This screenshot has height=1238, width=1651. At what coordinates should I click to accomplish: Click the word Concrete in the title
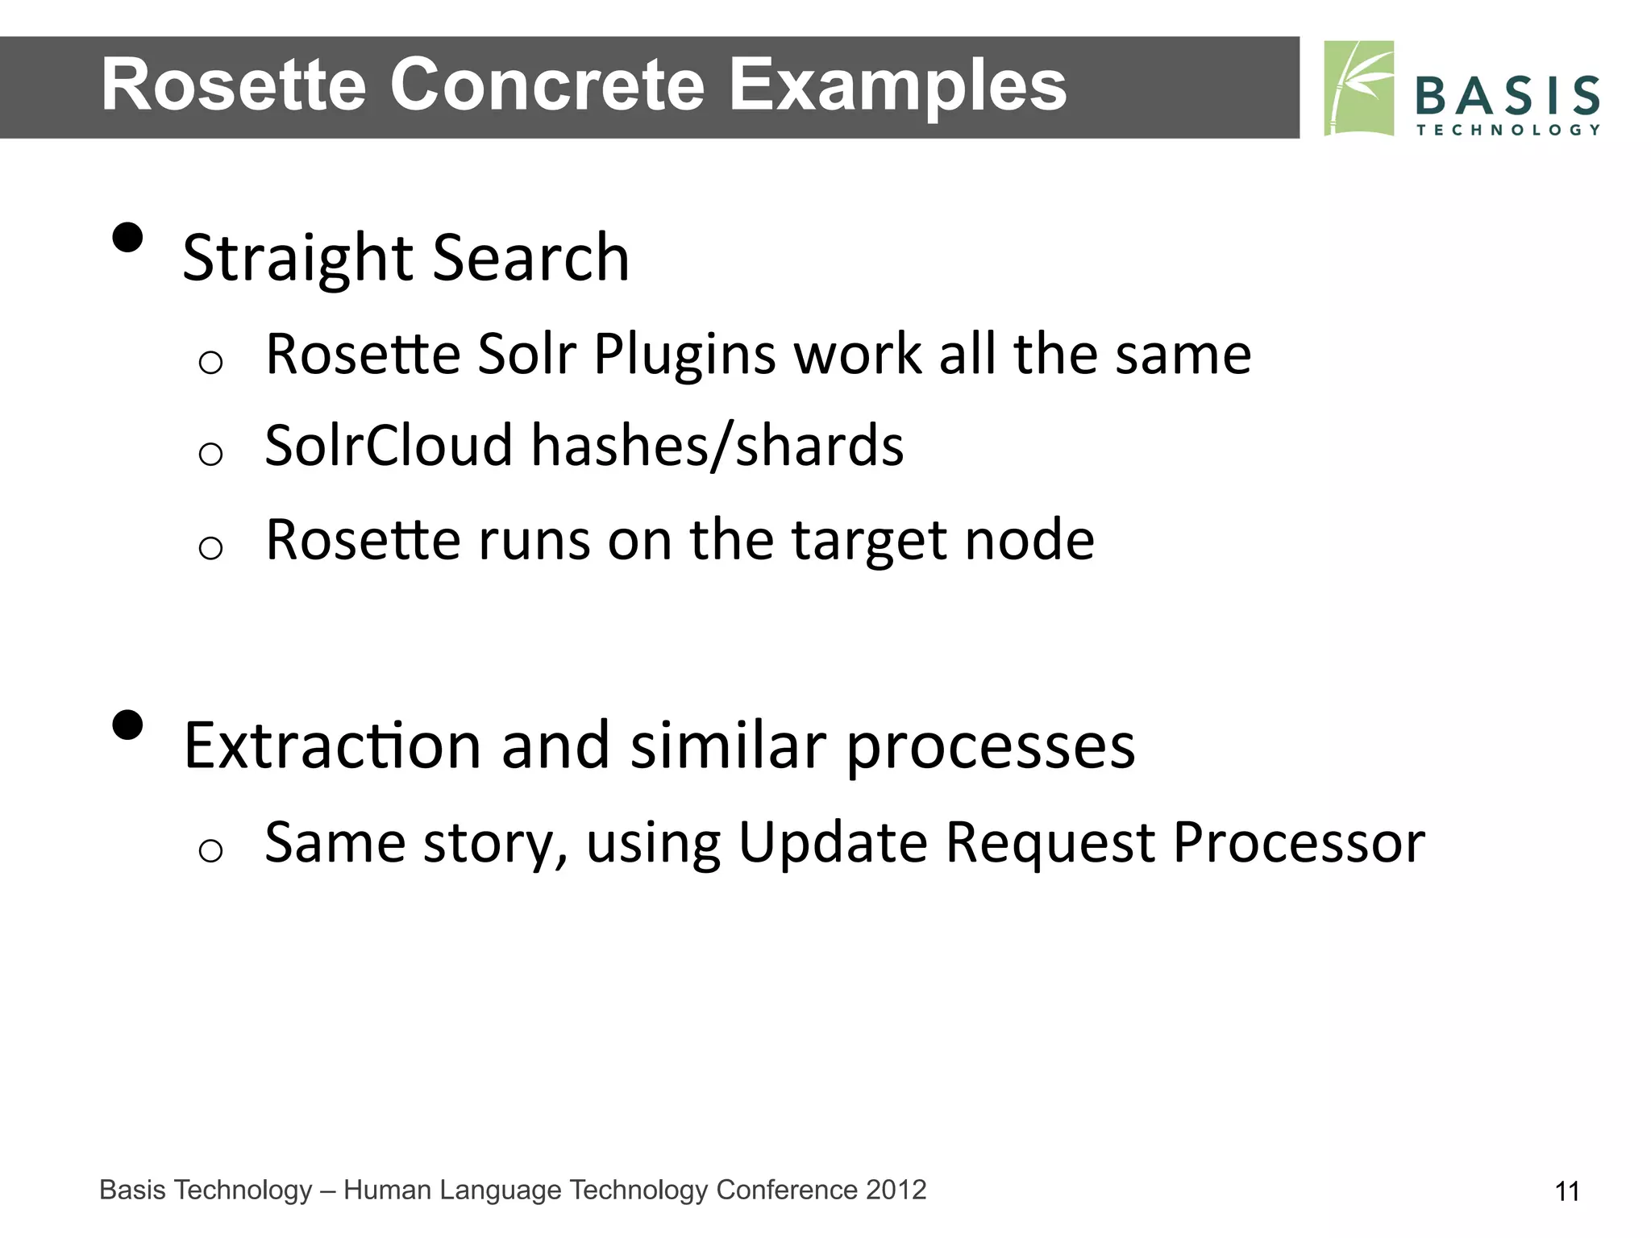548,85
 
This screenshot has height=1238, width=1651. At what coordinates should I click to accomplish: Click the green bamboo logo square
1359,88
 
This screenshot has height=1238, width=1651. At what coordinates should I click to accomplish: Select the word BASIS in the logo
1507,96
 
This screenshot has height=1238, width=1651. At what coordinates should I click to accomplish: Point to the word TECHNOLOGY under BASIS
1507,130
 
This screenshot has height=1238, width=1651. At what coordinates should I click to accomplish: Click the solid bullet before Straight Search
127,238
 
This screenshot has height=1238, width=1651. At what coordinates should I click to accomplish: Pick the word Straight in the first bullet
297,258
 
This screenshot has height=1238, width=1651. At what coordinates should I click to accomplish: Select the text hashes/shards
717,447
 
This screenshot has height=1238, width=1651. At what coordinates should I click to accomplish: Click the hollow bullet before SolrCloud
210,455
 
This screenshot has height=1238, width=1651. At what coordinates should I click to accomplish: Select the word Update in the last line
833,843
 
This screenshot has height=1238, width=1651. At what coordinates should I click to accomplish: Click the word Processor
1299,843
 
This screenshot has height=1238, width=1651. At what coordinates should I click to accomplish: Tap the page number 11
1566,1191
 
